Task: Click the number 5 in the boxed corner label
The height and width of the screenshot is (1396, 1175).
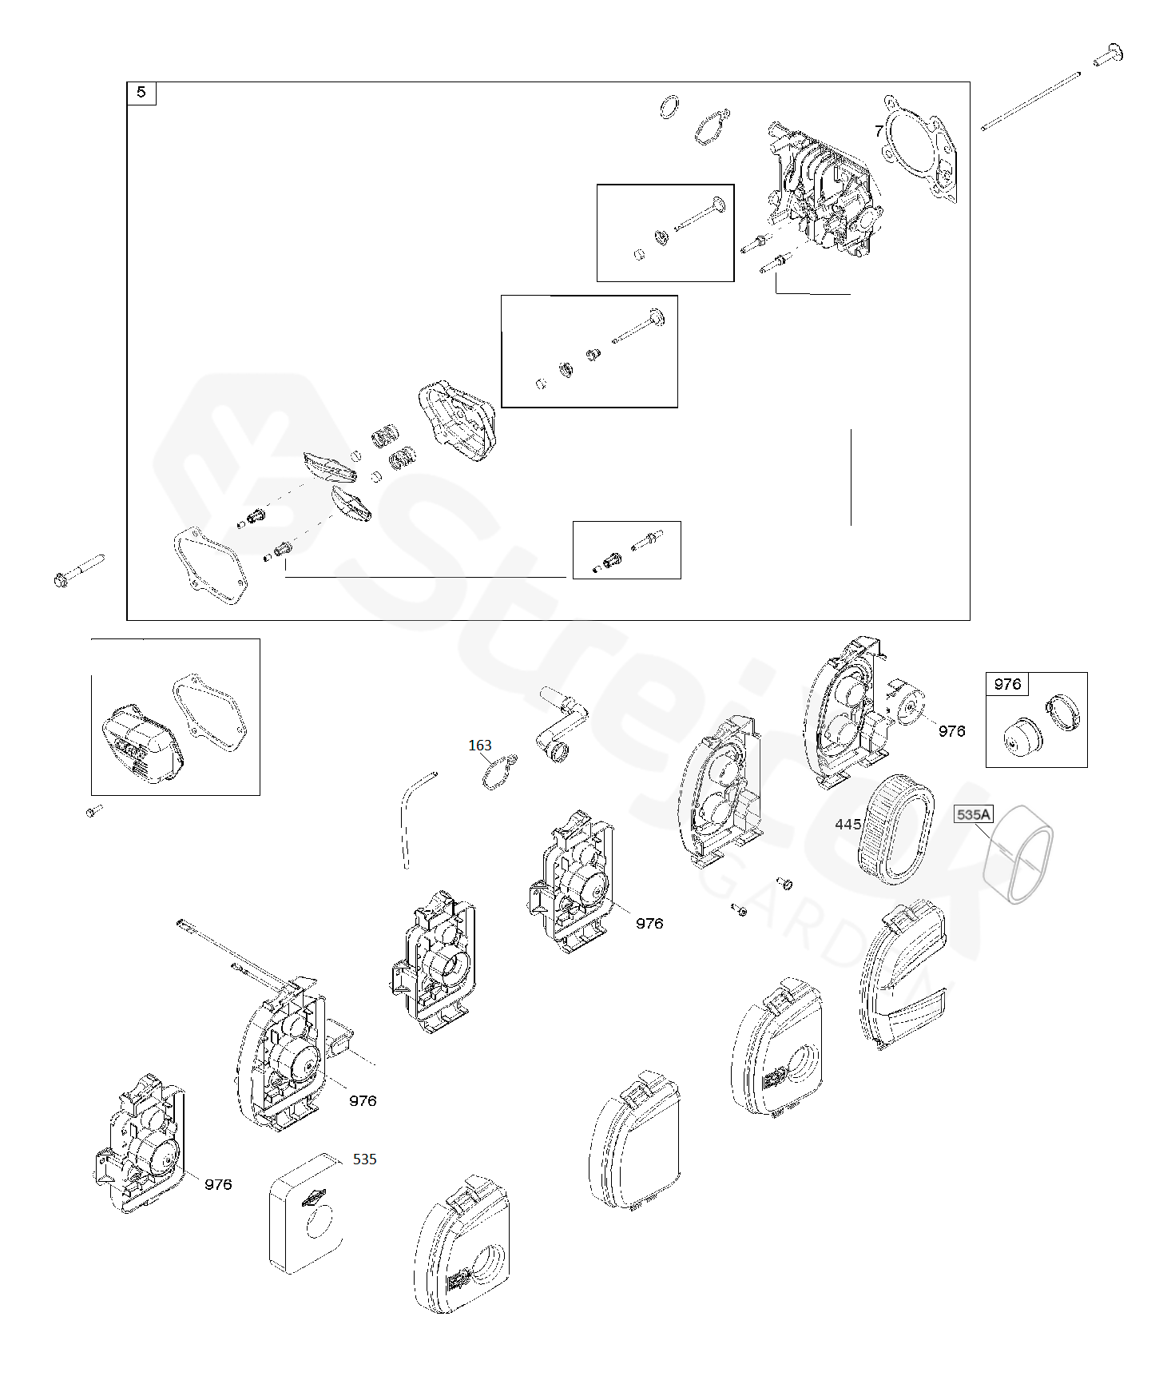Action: coord(141,93)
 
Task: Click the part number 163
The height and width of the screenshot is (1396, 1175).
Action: coord(479,746)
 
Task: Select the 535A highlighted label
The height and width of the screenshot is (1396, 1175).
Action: coord(973,814)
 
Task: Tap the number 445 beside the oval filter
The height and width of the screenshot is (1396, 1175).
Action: coord(848,824)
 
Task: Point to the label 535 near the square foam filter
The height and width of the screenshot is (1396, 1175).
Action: coord(364,1159)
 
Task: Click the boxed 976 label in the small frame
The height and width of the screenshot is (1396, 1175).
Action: coord(1007,684)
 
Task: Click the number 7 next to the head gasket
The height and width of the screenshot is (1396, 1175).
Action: coord(879,131)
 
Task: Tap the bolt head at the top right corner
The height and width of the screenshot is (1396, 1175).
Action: coord(1109,54)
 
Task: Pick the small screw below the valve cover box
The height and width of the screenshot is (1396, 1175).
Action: coord(93,811)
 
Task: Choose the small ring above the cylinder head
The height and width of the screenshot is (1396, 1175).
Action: coord(671,106)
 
